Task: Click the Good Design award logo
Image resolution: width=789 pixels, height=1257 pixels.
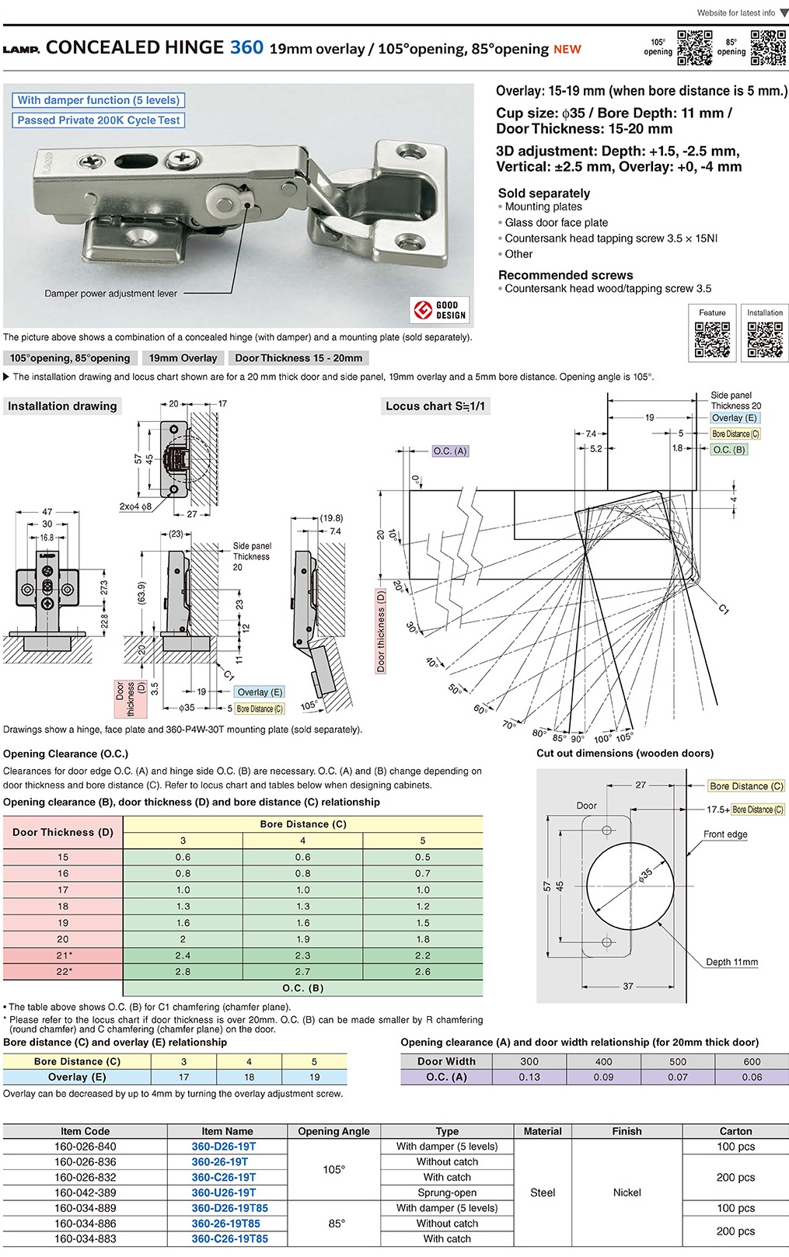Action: [x=440, y=310]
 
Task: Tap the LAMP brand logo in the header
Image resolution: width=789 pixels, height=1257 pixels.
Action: [x=21, y=49]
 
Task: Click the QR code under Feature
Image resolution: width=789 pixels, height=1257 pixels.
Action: [x=712, y=339]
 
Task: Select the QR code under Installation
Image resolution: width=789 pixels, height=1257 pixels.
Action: [x=765, y=339]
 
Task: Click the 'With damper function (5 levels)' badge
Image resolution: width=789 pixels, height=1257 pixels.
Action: [x=98, y=100]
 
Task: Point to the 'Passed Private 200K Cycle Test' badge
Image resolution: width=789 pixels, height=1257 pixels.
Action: [x=98, y=120]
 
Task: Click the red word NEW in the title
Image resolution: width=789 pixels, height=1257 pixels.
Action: [x=567, y=49]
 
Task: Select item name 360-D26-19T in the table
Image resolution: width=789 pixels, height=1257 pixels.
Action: [x=224, y=1147]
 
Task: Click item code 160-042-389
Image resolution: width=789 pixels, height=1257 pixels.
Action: [x=86, y=1193]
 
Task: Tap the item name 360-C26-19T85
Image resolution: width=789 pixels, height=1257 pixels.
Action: [x=230, y=1239]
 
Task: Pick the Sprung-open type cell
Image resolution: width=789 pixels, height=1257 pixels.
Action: [x=447, y=1193]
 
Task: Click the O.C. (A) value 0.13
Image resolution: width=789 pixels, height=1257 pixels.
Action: [x=529, y=1078]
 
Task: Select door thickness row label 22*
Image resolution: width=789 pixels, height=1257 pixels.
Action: [x=63, y=972]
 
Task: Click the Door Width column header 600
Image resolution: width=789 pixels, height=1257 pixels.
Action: [x=752, y=1062]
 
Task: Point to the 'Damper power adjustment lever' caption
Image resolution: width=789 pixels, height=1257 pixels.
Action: [x=111, y=294]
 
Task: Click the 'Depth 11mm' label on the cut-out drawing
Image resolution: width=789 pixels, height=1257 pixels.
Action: [x=731, y=962]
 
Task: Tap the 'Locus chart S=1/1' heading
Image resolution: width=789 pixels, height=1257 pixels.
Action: [x=435, y=406]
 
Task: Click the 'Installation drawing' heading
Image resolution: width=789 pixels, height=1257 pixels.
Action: [x=62, y=406]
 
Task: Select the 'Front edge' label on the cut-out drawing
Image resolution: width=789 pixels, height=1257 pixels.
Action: [x=725, y=834]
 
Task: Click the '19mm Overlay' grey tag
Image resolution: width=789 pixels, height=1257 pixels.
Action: [x=183, y=358]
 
